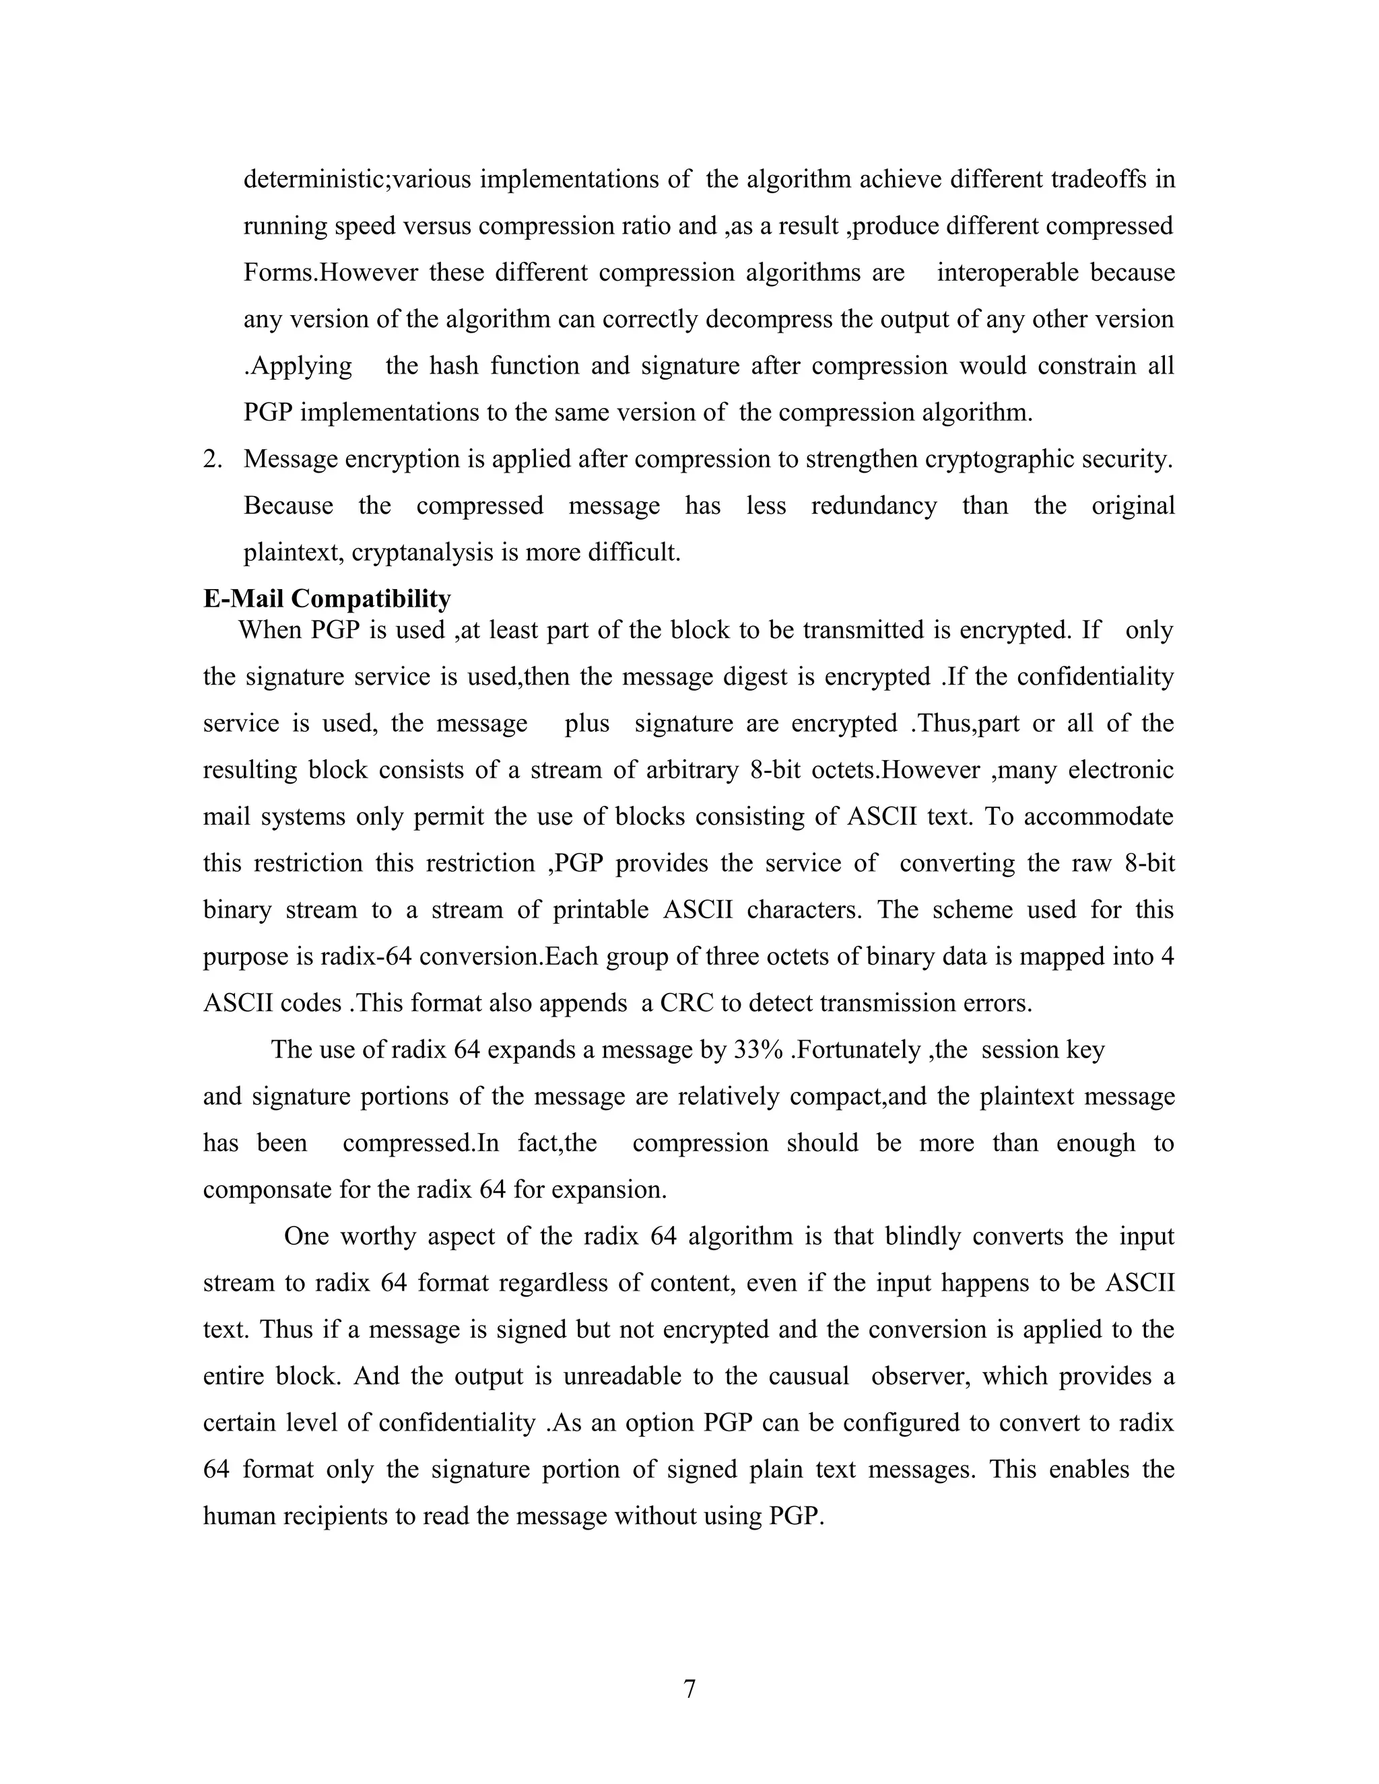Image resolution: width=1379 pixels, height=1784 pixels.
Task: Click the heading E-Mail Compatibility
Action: (327, 598)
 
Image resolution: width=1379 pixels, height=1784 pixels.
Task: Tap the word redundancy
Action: (873, 506)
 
